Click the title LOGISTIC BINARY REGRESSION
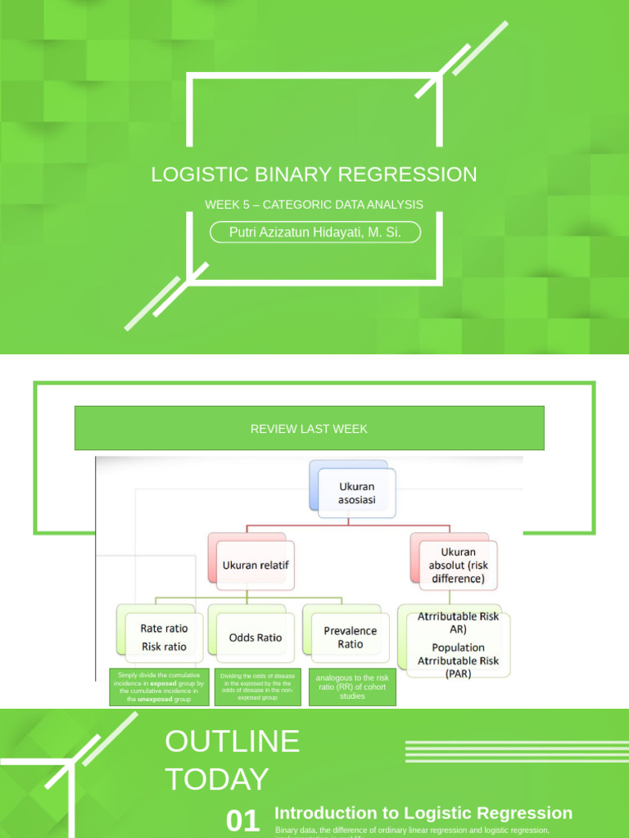pyautogui.click(x=314, y=174)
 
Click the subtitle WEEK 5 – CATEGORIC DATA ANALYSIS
pyautogui.click(x=314, y=205)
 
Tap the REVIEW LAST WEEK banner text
pyautogui.click(x=309, y=429)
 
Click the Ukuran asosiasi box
pyautogui.click(x=357, y=493)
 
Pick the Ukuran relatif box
pyautogui.click(x=256, y=565)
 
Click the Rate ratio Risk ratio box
pyautogui.click(x=163, y=638)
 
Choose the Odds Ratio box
pyautogui.click(x=256, y=638)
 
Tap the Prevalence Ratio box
pyautogui.click(x=350, y=638)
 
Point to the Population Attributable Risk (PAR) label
pyautogui.click(x=459, y=660)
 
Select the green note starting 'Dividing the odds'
pyautogui.click(x=257, y=687)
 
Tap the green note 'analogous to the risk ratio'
pyautogui.click(x=352, y=687)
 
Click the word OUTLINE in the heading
pyautogui.click(x=232, y=741)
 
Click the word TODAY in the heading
pyautogui.click(x=216, y=779)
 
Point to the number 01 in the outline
pyautogui.click(x=242, y=821)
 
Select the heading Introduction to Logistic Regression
pyautogui.click(x=423, y=813)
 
